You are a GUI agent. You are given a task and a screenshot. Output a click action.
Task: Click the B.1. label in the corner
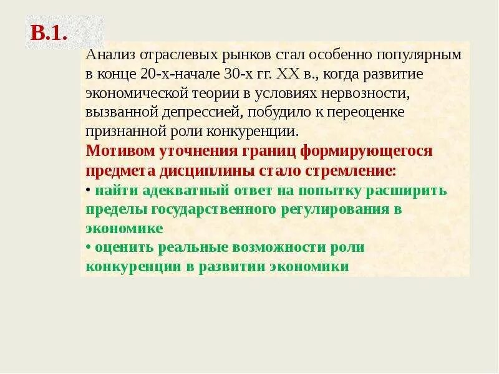[x=49, y=33]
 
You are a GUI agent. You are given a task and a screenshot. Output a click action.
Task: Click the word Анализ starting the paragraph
[x=107, y=54]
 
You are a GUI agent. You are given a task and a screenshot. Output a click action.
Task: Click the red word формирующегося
[x=366, y=151]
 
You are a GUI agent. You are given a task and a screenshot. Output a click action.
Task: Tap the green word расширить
[x=408, y=190]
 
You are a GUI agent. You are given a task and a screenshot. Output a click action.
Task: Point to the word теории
[x=218, y=93]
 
